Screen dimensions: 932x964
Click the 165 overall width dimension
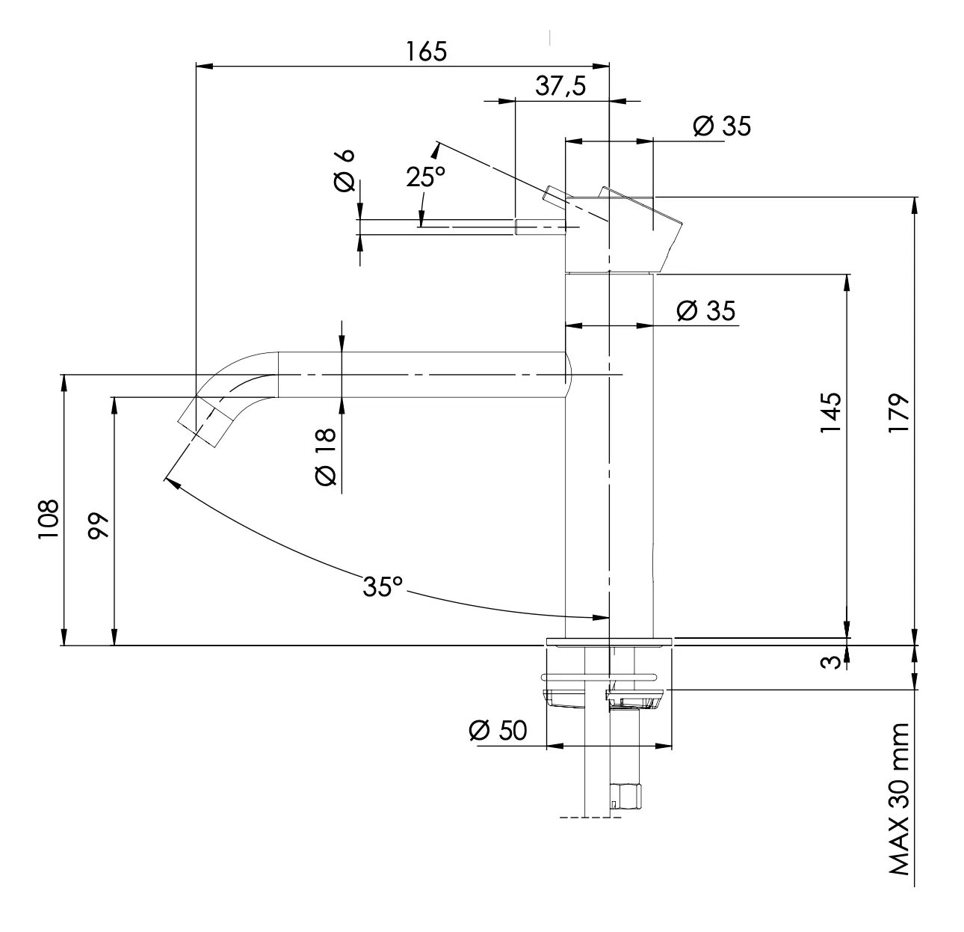point(426,52)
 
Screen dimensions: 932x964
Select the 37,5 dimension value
point(560,87)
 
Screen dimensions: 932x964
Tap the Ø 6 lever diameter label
point(344,171)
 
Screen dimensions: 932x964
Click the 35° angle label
point(383,586)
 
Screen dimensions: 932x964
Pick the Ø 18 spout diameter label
point(327,457)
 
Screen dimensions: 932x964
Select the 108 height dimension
point(49,519)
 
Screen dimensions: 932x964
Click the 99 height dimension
point(99,527)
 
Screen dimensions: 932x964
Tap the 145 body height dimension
point(830,411)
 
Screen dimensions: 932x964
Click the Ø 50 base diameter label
point(498,730)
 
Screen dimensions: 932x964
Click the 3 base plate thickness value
point(828,663)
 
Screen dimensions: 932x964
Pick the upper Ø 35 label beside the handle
point(721,126)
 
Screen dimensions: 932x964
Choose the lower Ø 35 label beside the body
point(705,310)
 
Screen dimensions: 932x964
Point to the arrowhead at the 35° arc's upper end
point(169,482)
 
